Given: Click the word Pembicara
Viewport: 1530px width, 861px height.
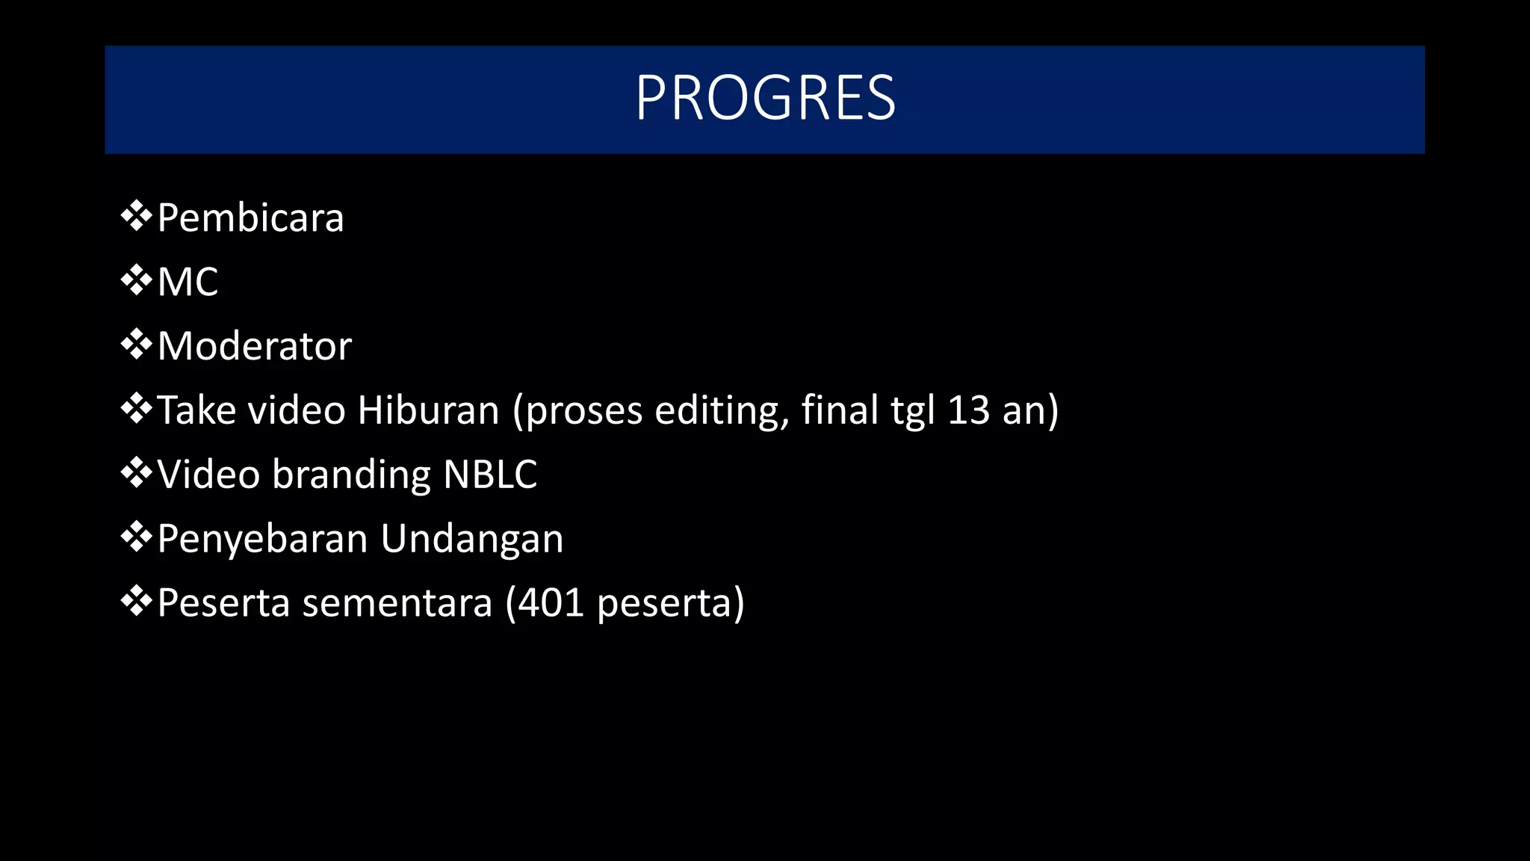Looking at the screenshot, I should (250, 218).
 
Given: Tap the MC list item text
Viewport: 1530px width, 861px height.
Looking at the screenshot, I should (188, 283).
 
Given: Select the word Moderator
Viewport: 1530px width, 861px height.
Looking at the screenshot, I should (254, 346).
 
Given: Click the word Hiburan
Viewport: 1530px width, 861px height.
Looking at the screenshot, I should (428, 410).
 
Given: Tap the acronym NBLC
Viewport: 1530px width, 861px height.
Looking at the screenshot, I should (490, 475).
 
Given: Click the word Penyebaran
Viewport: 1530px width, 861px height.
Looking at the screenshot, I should (263, 539).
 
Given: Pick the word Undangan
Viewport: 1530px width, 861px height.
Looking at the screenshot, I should (471, 540).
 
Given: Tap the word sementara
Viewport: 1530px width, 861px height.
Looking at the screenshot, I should (397, 604).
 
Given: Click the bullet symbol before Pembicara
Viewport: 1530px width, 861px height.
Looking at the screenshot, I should (136, 217).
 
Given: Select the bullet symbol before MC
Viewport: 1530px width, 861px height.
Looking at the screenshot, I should (136, 281).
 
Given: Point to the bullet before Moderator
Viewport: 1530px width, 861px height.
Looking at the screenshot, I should (136, 345).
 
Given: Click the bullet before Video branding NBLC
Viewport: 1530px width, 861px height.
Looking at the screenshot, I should (136, 474).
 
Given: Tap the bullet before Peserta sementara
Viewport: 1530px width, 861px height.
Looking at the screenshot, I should (136, 602).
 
